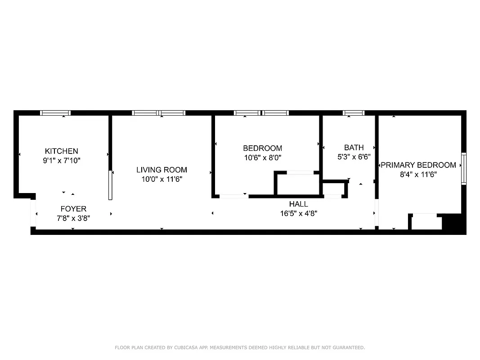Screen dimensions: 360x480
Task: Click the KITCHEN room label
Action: click(61, 151)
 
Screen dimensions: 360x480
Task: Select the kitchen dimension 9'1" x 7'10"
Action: click(61, 160)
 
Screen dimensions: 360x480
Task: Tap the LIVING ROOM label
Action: click(161, 170)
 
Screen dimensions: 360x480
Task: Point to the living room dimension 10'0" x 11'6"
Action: click(161, 179)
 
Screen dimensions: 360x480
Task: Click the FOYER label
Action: click(73, 209)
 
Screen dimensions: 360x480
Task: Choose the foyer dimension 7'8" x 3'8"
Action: click(73, 218)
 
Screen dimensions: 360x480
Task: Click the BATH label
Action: click(354, 148)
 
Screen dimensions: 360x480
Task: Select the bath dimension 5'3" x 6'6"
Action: click(354, 157)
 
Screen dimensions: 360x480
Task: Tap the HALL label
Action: click(298, 204)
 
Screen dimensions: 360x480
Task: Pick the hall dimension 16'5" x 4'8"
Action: click(298, 213)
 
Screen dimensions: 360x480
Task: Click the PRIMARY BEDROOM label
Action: click(418, 165)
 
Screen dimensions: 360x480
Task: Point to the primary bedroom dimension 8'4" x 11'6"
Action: click(418, 175)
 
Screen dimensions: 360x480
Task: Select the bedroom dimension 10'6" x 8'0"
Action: click(262, 157)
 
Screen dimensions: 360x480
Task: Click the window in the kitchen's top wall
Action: click(55, 113)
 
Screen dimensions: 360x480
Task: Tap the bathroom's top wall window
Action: click(354, 113)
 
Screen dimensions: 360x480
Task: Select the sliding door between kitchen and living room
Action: click(110, 185)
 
